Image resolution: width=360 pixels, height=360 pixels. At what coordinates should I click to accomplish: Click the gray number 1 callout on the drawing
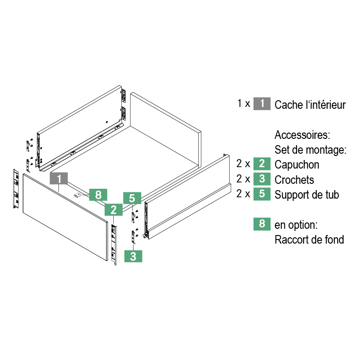[x=59, y=178]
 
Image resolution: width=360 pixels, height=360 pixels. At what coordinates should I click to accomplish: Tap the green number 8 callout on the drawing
[x=98, y=195]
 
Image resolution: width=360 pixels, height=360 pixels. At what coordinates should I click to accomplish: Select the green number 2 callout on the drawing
[x=114, y=209]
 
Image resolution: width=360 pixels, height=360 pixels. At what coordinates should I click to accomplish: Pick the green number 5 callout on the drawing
[x=132, y=198]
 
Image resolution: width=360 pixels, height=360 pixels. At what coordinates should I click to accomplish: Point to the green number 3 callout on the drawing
[x=133, y=256]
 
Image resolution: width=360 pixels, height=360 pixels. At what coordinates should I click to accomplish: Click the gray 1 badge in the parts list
[x=262, y=104]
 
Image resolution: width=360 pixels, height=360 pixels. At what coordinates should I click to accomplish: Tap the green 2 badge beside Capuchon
[x=262, y=164]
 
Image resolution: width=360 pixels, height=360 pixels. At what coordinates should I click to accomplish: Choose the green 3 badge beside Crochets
[x=262, y=179]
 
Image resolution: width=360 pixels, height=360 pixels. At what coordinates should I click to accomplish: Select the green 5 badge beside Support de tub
[x=262, y=194]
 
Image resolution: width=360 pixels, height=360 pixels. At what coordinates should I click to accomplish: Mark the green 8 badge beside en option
[x=262, y=224]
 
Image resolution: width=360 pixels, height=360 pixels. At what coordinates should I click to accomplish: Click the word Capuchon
[x=297, y=164]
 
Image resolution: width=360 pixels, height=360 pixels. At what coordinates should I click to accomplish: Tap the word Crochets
[x=294, y=179]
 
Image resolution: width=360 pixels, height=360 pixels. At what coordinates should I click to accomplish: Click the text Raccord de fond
[x=309, y=239]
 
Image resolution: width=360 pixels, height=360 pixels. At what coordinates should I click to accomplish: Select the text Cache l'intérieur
[x=310, y=105]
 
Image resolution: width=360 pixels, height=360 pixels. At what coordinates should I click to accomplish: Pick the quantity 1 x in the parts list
[x=244, y=103]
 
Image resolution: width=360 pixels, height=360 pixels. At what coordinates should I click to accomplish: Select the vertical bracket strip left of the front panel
[x=15, y=189]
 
